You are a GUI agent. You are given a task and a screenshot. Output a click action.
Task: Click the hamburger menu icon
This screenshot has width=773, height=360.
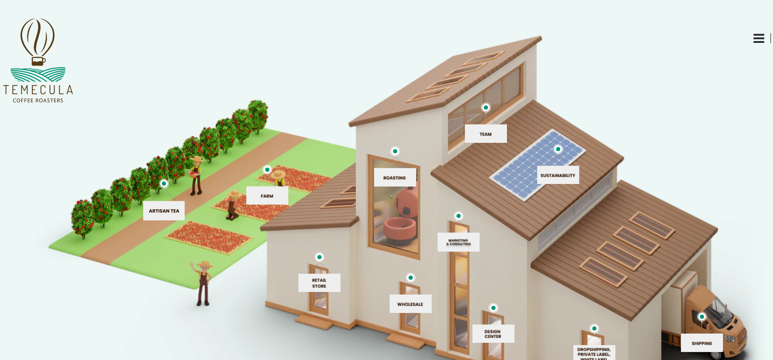[x=758, y=39]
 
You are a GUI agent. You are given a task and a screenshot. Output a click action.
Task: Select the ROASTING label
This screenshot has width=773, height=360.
[x=395, y=178]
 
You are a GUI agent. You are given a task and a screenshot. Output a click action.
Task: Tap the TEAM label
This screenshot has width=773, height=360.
[x=485, y=134]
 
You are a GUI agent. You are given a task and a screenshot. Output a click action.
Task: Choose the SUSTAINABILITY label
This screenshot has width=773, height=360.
[x=558, y=175]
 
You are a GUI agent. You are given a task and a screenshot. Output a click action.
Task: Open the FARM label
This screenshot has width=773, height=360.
[x=267, y=196]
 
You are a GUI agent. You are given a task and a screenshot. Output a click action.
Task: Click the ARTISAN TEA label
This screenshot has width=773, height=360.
[x=164, y=211]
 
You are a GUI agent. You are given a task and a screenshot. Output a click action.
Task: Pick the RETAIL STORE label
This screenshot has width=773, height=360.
[x=319, y=283]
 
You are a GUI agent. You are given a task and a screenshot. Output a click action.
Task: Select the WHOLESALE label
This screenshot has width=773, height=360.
[x=410, y=304]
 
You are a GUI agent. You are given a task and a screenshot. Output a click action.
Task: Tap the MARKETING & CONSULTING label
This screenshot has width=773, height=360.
[x=458, y=242]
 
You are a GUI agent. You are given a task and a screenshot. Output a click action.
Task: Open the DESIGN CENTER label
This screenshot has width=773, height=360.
[x=493, y=334]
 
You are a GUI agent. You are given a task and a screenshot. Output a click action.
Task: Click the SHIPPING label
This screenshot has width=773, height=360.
[x=702, y=343]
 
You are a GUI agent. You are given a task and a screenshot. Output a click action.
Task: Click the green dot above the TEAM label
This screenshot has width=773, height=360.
[x=486, y=108]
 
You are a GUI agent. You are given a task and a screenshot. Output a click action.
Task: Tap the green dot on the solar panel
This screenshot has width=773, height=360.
[x=558, y=149]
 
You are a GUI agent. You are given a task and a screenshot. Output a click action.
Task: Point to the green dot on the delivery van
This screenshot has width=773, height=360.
[x=702, y=317]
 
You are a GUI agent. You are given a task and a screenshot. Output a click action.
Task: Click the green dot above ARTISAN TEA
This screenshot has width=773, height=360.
[x=164, y=184]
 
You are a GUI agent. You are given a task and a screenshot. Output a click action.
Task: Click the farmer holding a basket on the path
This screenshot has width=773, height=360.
[x=196, y=174]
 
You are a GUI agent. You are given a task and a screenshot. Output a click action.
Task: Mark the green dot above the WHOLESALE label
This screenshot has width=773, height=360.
[x=411, y=278]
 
